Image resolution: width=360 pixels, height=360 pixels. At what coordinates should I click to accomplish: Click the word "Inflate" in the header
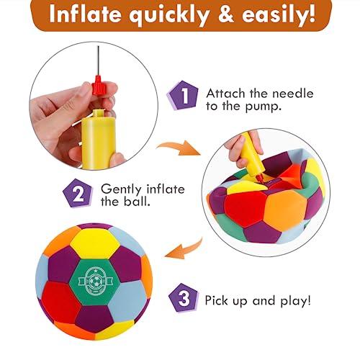coord(85,14)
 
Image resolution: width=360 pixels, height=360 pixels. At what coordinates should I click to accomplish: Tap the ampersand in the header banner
coord(226,14)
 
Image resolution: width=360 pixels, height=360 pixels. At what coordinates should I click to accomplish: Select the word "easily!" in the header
coord(279,15)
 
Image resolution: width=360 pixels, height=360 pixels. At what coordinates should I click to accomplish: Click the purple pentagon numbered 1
coord(183,95)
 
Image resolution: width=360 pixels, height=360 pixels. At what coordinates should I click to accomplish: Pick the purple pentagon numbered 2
coord(78,194)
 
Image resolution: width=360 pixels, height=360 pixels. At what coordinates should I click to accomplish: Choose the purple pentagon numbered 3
coord(184,298)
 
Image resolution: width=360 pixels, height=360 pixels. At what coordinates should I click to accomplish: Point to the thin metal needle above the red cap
coord(98,60)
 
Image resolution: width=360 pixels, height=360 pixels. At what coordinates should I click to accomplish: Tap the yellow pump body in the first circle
coord(99,139)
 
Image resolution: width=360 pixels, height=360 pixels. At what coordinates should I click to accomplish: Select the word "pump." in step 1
coord(263,107)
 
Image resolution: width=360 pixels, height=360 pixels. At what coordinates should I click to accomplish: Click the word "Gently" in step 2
coord(121,189)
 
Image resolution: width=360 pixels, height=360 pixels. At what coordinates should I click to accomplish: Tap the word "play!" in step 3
coord(296,301)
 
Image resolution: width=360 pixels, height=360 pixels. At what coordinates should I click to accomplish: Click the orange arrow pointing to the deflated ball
coord(179,147)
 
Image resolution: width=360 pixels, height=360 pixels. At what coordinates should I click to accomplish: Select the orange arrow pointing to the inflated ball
coord(185,249)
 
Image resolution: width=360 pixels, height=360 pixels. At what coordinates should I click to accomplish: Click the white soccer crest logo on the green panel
coord(95,281)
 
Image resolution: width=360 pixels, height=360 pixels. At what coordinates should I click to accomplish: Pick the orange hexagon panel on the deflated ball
coord(285,210)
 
